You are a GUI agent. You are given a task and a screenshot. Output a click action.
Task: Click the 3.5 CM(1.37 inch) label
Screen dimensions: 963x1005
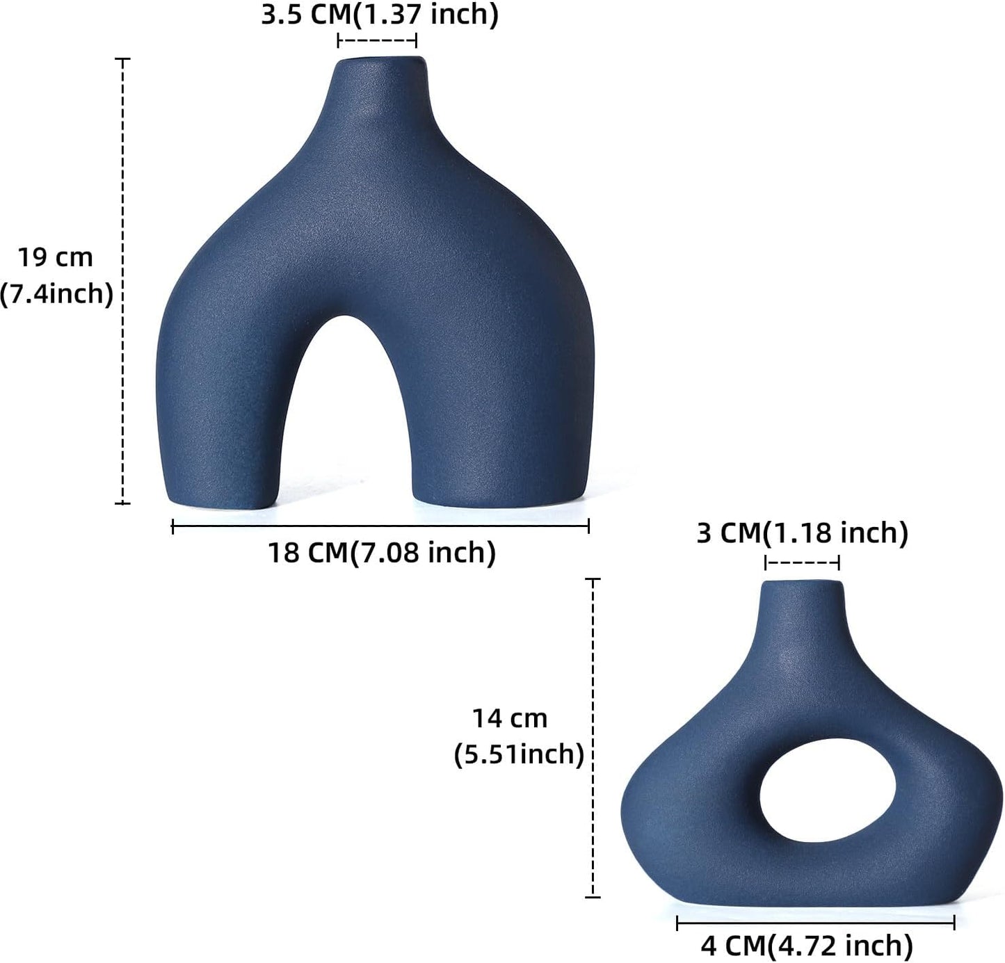tap(380, 15)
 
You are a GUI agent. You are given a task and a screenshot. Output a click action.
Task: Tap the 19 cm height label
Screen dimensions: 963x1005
tap(56, 257)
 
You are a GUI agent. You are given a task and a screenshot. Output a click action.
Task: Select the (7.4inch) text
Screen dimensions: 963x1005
tap(56, 294)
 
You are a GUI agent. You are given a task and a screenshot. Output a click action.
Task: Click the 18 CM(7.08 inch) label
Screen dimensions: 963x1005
tap(382, 553)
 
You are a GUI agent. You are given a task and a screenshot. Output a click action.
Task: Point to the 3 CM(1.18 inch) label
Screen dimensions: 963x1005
tap(802, 533)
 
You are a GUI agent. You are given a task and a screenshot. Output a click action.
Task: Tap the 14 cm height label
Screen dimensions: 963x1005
tap(510, 718)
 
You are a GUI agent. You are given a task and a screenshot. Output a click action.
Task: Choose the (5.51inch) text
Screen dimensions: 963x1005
tap(518, 754)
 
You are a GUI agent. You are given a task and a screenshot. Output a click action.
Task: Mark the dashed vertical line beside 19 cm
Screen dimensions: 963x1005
tap(123, 281)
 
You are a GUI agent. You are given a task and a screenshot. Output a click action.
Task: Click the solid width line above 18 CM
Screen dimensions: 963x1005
tap(380, 526)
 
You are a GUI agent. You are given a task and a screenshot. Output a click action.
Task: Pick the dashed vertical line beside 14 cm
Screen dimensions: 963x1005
tap(593, 737)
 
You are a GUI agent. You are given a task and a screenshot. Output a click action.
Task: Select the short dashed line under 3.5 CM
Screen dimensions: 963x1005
tap(377, 41)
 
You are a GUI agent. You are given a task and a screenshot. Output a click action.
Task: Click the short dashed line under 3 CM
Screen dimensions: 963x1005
tap(802, 563)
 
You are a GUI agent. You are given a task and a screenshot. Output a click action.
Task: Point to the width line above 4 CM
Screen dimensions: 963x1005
tap(815, 923)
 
